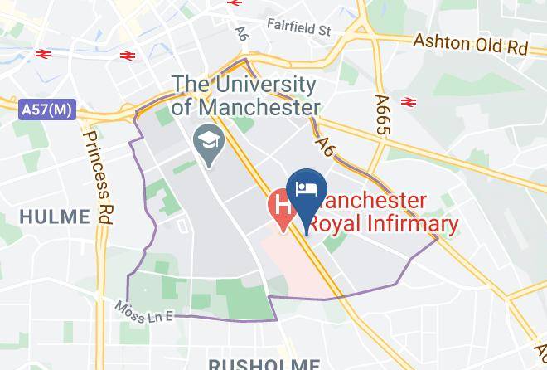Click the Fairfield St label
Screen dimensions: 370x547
pos(298,28)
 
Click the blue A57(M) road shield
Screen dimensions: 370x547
pos(46,109)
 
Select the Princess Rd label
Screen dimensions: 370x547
pos(97,178)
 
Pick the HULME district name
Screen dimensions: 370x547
pos(54,217)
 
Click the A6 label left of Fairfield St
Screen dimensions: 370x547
pos(242,32)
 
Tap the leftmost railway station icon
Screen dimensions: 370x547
pos(43,54)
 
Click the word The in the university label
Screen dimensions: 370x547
pos(190,85)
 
